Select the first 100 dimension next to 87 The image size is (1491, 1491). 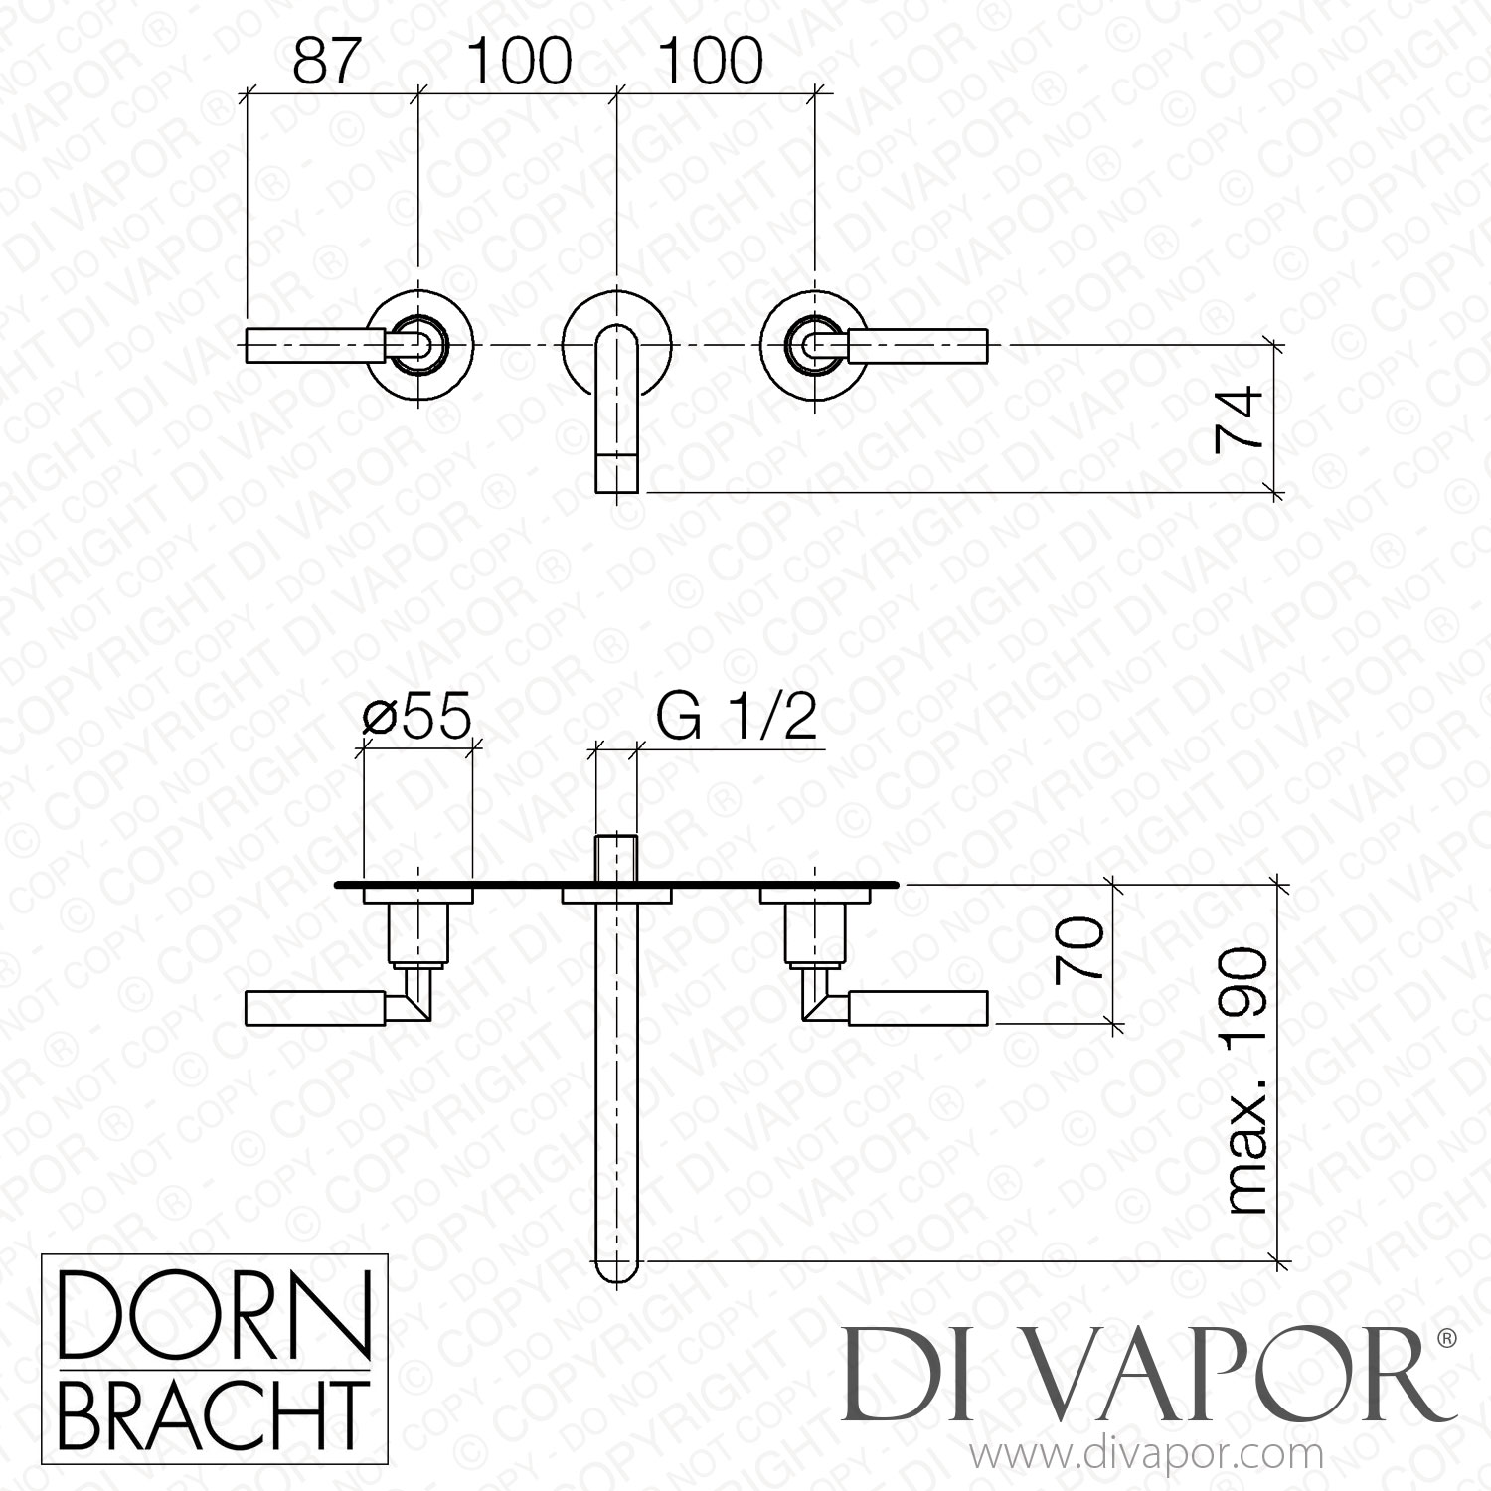pyautogui.click(x=519, y=62)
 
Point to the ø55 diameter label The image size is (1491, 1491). pyautogui.click(x=415, y=717)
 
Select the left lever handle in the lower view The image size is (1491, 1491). pyautogui.click(x=316, y=1007)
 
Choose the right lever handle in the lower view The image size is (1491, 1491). pyautogui.click(x=918, y=1007)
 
